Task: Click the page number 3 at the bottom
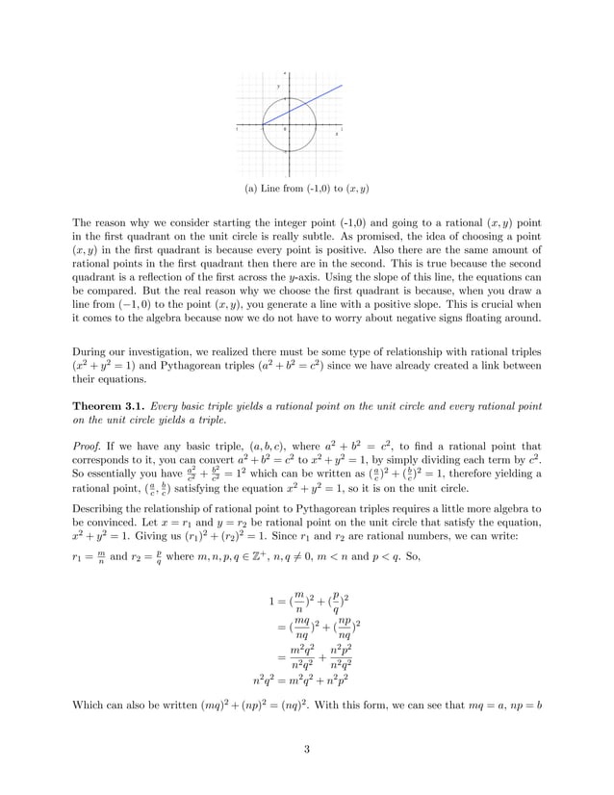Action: tap(307, 751)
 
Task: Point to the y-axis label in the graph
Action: tap(279, 87)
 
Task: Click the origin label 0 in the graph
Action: tap(285, 129)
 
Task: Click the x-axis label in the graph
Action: tap(336, 134)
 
